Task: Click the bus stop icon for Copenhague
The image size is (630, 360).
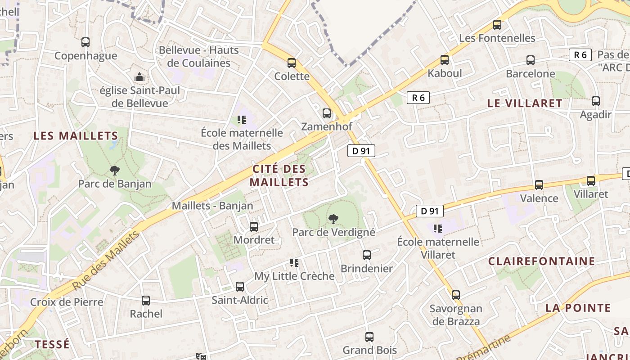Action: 85,42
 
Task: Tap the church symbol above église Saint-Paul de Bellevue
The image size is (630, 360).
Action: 140,77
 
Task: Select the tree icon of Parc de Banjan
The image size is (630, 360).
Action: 115,171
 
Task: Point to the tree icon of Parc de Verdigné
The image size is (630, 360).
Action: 333,219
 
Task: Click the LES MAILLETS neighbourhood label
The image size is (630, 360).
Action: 76,135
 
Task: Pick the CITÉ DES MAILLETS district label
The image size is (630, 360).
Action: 279,175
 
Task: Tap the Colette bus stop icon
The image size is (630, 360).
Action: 292,63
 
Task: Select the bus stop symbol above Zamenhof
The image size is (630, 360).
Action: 327,113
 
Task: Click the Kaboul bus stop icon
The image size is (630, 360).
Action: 445,60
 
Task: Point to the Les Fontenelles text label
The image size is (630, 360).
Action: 497,38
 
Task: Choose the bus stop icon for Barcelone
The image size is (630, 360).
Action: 531,60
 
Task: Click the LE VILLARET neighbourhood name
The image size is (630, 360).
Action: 525,103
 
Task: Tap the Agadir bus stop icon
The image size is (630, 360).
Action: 596,101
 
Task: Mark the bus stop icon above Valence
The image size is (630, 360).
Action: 539,185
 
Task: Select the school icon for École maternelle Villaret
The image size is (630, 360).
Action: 438,229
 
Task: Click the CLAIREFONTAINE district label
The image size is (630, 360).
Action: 542,261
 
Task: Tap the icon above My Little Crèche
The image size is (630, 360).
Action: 294,263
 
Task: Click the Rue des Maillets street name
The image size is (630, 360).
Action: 106,261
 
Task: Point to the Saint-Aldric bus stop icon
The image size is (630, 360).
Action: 240,287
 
